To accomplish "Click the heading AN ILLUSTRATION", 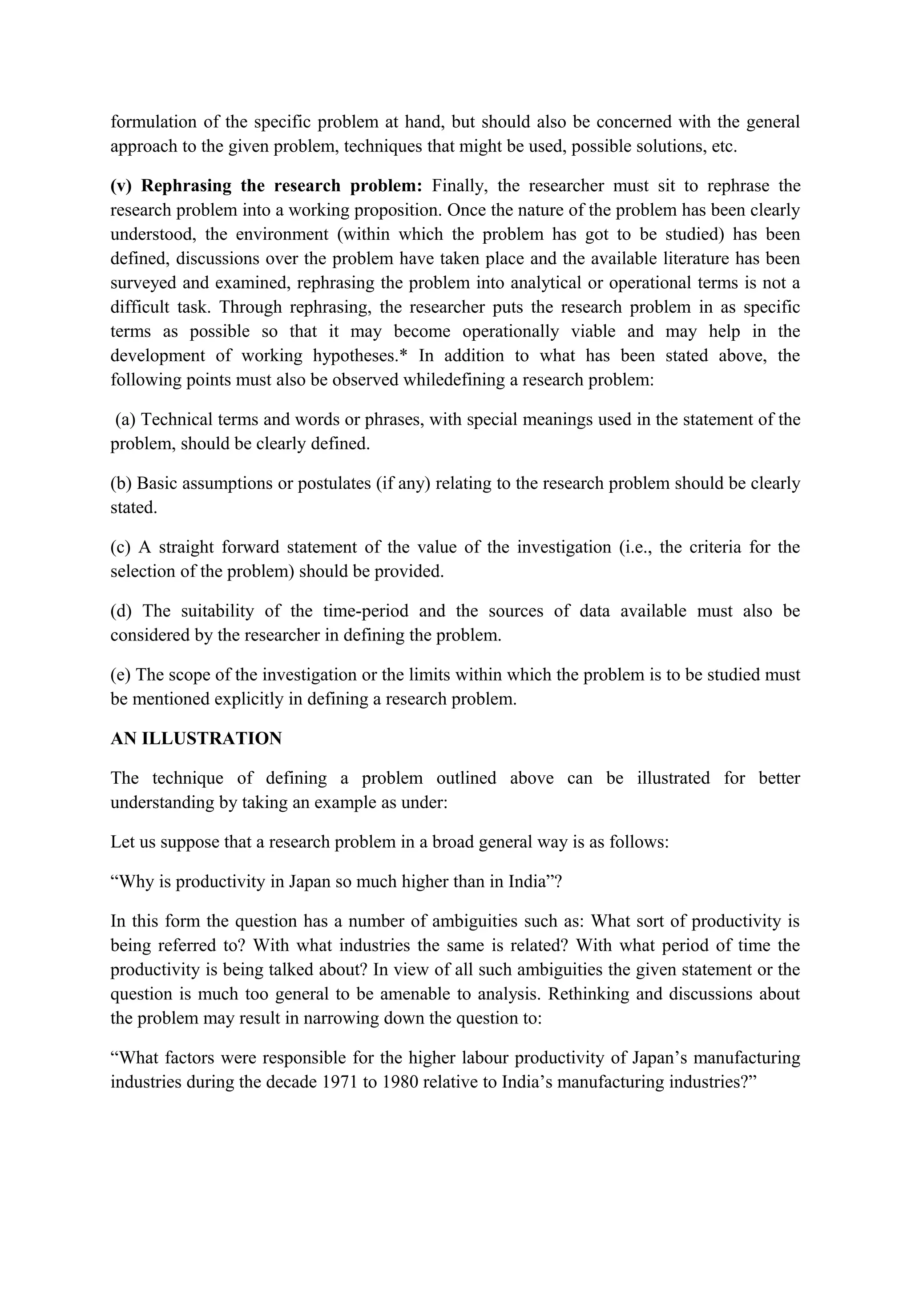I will tap(196, 738).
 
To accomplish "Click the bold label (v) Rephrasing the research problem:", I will tap(266, 186).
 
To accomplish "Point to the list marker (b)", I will tap(121, 483).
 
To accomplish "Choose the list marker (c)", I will tap(120, 547).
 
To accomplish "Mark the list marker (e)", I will tap(120, 674).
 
